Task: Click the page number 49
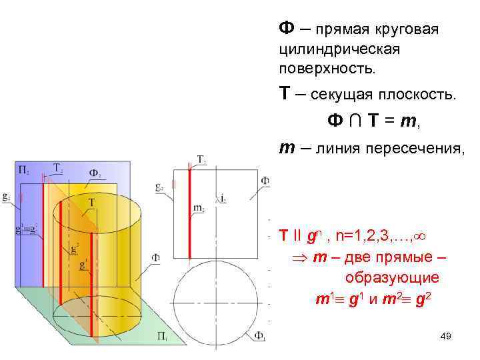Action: pyautogui.click(x=446, y=337)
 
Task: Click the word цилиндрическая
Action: pyautogui.click(x=339, y=49)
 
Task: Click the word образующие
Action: pyautogui.click(x=391, y=277)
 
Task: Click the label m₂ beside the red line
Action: pyautogui.click(x=198, y=209)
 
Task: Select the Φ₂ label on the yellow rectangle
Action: pyautogui.click(x=95, y=174)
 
